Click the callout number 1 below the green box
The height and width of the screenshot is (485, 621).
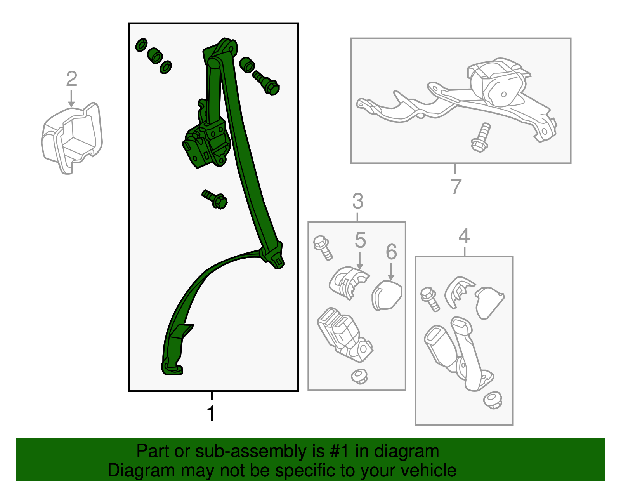(x=211, y=413)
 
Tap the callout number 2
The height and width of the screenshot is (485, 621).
(x=71, y=79)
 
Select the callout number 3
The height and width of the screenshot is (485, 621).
(x=358, y=201)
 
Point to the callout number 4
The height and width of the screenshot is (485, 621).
(x=464, y=236)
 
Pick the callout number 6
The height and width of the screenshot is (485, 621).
(x=391, y=252)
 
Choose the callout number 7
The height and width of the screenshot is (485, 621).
(x=456, y=186)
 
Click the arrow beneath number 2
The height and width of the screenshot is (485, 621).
(x=71, y=99)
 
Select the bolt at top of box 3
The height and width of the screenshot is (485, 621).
(x=323, y=247)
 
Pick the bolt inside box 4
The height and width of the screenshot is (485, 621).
(x=430, y=299)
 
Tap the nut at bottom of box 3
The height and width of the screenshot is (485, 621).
(x=359, y=376)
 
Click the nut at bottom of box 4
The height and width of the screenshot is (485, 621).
(x=493, y=401)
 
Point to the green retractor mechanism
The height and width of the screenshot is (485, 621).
(x=206, y=140)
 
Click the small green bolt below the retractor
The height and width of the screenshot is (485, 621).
(x=215, y=199)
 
